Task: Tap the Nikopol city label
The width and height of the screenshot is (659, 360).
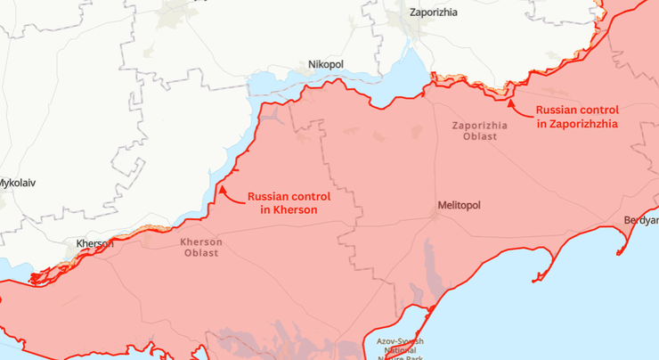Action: pos(325,65)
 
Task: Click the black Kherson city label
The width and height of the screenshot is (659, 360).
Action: pos(94,243)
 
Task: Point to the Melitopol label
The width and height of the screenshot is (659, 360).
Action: pos(459,205)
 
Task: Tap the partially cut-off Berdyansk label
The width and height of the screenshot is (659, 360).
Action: pos(640,219)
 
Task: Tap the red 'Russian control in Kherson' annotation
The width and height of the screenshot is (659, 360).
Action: pos(289,202)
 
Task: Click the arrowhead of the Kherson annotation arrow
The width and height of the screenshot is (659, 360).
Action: pos(221,189)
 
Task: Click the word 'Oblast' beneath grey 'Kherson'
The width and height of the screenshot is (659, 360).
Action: pos(200,253)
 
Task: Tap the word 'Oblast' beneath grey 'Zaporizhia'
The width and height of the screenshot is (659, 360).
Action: pos(479,137)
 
